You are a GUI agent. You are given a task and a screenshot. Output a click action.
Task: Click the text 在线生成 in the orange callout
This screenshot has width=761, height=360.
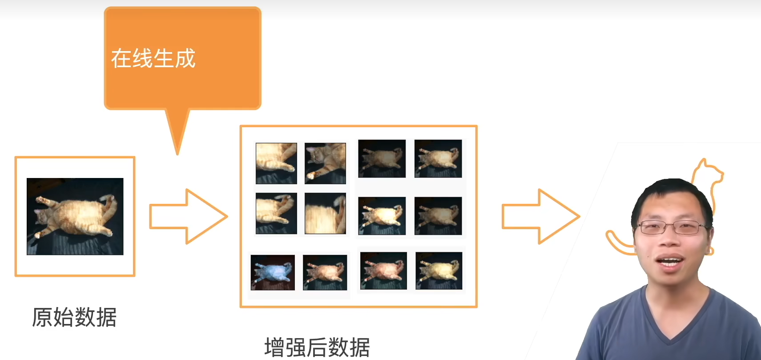153,58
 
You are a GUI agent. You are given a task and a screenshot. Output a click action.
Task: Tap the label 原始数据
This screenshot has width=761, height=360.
74,317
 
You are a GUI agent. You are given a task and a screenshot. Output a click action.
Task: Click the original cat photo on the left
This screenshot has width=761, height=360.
75,216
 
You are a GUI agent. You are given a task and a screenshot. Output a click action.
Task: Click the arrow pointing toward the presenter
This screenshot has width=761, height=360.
541,216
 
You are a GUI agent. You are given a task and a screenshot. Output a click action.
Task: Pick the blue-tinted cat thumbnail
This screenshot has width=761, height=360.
273,273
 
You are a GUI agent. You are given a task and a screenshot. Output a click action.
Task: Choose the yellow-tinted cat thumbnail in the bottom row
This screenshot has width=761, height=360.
439,271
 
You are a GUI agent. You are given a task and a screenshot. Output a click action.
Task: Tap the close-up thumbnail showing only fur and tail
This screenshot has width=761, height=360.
325,213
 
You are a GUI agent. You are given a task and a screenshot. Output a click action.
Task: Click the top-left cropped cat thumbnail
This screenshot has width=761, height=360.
276,163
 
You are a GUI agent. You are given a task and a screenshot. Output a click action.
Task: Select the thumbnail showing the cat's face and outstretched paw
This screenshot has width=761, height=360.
325,163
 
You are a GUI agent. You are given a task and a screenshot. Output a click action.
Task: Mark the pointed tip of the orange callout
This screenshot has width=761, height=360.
177,155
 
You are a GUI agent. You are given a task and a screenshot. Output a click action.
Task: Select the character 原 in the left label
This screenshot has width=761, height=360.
42,317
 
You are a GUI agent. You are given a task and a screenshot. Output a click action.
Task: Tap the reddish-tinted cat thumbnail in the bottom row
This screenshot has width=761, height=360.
383,271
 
